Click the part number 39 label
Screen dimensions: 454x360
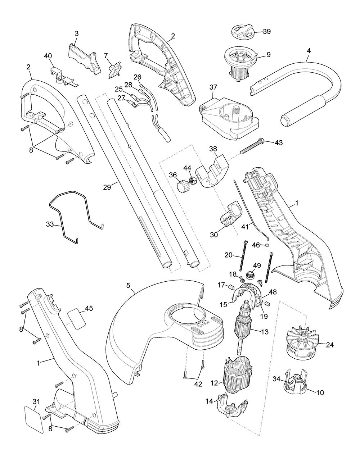coord(267,31)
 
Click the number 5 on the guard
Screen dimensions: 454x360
coord(128,285)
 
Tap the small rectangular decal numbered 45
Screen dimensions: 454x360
coord(77,317)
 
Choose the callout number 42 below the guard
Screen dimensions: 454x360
coord(198,384)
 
